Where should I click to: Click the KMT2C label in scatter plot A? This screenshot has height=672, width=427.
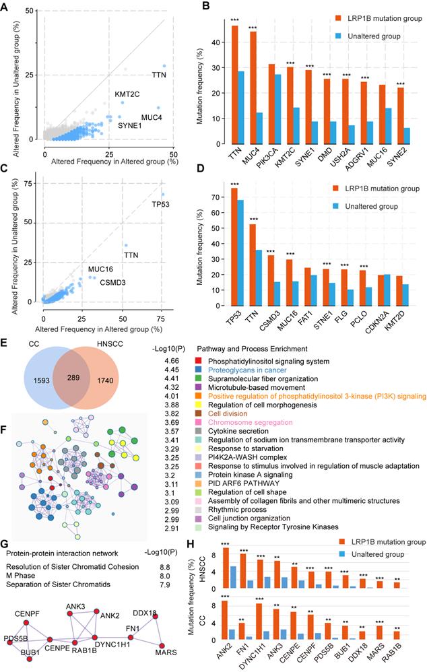[127, 94]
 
